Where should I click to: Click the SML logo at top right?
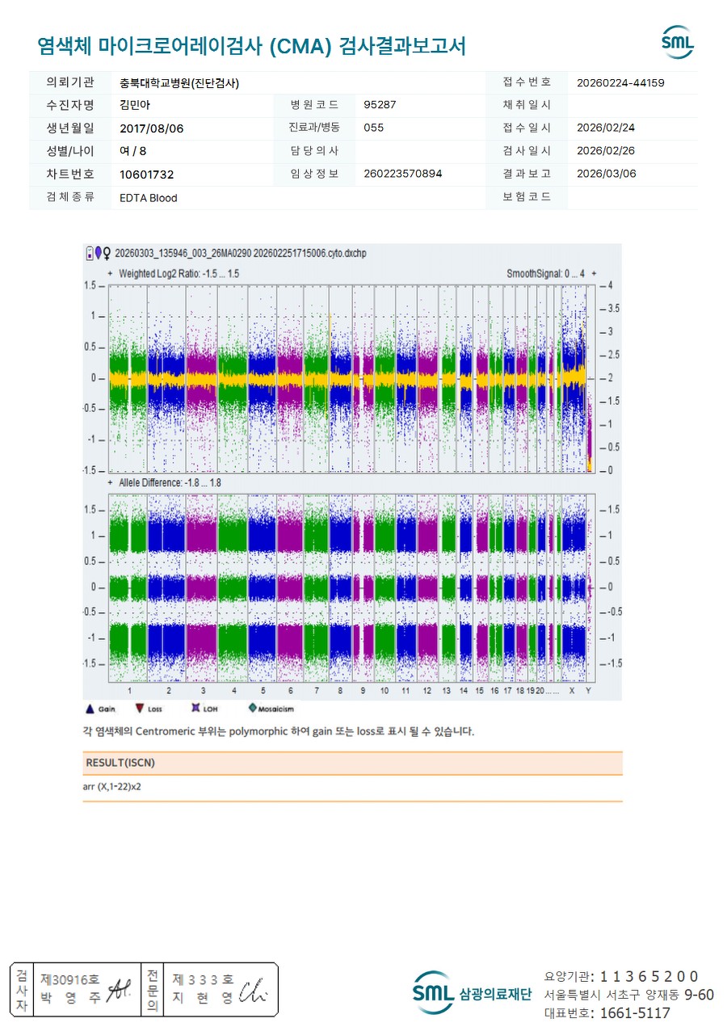pyautogui.click(x=677, y=42)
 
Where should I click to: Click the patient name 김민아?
pyautogui.click(x=135, y=105)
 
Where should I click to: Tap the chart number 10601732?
pyautogui.click(x=146, y=174)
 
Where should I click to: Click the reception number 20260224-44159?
pyautogui.click(x=620, y=82)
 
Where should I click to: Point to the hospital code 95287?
pyautogui.click(x=380, y=105)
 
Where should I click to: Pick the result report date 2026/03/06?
pyautogui.click(x=606, y=174)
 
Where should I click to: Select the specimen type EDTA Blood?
pyautogui.click(x=148, y=197)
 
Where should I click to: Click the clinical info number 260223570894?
pyautogui.click(x=402, y=174)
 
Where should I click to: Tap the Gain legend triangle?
pyautogui.click(x=90, y=709)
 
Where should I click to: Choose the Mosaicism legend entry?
pyautogui.click(x=271, y=709)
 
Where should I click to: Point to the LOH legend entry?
pyautogui.click(x=203, y=709)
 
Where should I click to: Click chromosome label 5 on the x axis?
pyautogui.click(x=263, y=691)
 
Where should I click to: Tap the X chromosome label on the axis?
pyautogui.click(x=572, y=691)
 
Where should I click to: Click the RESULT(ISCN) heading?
pyautogui.click(x=120, y=763)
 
